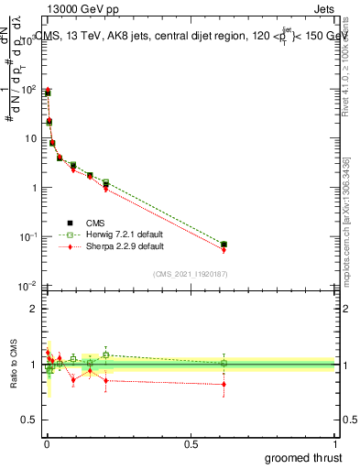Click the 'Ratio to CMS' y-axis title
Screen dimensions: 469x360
click(x=14, y=365)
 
